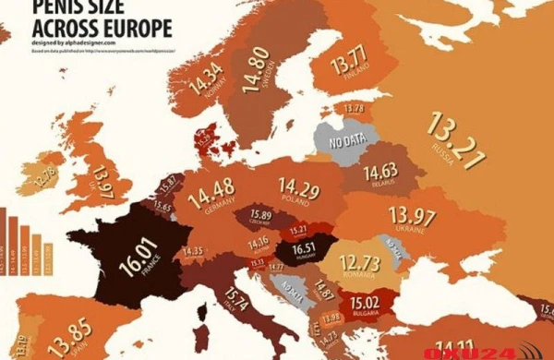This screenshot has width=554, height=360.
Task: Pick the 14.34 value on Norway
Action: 207,78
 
